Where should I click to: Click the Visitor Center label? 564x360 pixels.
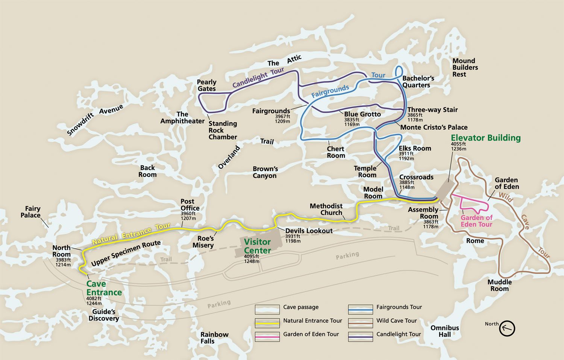258,246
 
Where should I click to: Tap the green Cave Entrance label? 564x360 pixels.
104,288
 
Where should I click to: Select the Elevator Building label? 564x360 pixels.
485,138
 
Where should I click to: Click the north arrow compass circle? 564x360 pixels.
507,328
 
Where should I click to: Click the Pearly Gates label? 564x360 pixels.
207,85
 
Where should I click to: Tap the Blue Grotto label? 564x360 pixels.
362,114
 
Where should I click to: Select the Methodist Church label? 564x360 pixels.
326,209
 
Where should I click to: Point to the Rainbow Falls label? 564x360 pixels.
214,338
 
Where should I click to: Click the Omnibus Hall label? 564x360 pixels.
445,331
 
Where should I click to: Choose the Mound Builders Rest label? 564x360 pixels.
465,68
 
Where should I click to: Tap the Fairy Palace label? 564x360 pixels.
33,212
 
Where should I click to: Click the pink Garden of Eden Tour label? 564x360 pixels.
476,221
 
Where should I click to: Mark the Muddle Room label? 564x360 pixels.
499,285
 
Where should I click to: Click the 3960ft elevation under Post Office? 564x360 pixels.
188,214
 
